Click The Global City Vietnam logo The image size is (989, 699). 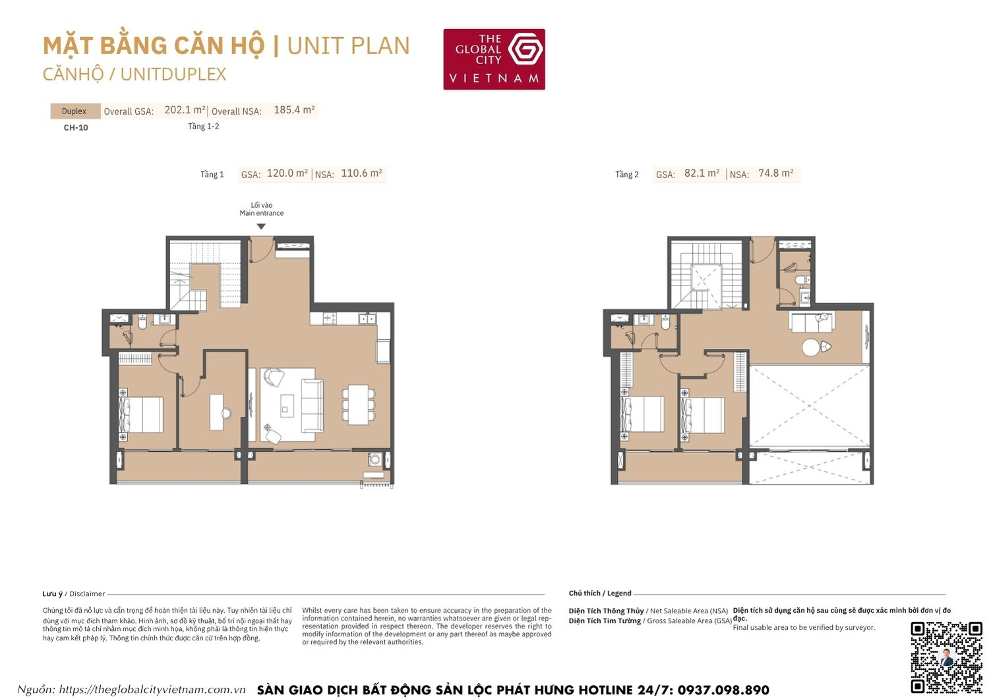click(494, 59)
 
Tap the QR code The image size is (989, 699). click(946, 657)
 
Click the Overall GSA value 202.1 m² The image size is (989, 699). click(185, 110)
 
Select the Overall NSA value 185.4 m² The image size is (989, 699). click(294, 110)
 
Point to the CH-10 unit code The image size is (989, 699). click(76, 128)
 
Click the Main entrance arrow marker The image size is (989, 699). click(261, 226)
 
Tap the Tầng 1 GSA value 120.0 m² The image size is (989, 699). click(287, 173)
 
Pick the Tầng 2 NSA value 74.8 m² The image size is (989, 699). click(776, 173)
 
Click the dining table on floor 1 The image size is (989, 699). click(358, 404)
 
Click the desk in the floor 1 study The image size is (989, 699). click(217, 412)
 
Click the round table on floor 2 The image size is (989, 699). click(810, 348)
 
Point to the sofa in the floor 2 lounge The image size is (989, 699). click(812, 322)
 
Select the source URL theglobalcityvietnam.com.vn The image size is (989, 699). click(152, 690)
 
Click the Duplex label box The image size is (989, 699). click(75, 111)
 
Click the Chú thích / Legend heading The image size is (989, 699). click(600, 593)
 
